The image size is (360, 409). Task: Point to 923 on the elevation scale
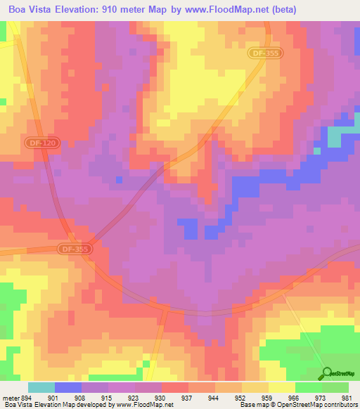click(x=128, y=398)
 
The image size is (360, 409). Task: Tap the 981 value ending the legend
click(x=346, y=398)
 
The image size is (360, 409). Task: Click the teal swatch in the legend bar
click(x=41, y=388)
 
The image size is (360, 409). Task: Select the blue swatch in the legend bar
click(x=67, y=388)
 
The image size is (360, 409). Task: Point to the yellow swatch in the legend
click(x=281, y=388)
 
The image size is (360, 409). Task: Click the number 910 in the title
click(x=122, y=10)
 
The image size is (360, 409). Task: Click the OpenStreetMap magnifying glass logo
click(x=326, y=373)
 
